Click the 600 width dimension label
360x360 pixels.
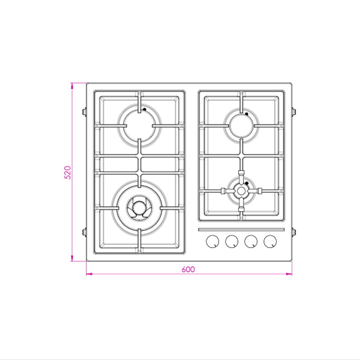[x=188, y=269]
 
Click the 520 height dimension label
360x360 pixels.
[x=67, y=172]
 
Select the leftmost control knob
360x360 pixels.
[x=212, y=242]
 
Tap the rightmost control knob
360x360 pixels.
[x=270, y=242]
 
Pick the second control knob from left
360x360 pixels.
[x=232, y=242]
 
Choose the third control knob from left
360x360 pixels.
[x=251, y=242]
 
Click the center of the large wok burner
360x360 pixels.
[x=139, y=208]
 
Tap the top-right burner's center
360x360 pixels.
[x=241, y=126]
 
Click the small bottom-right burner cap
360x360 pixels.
[x=241, y=191]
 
